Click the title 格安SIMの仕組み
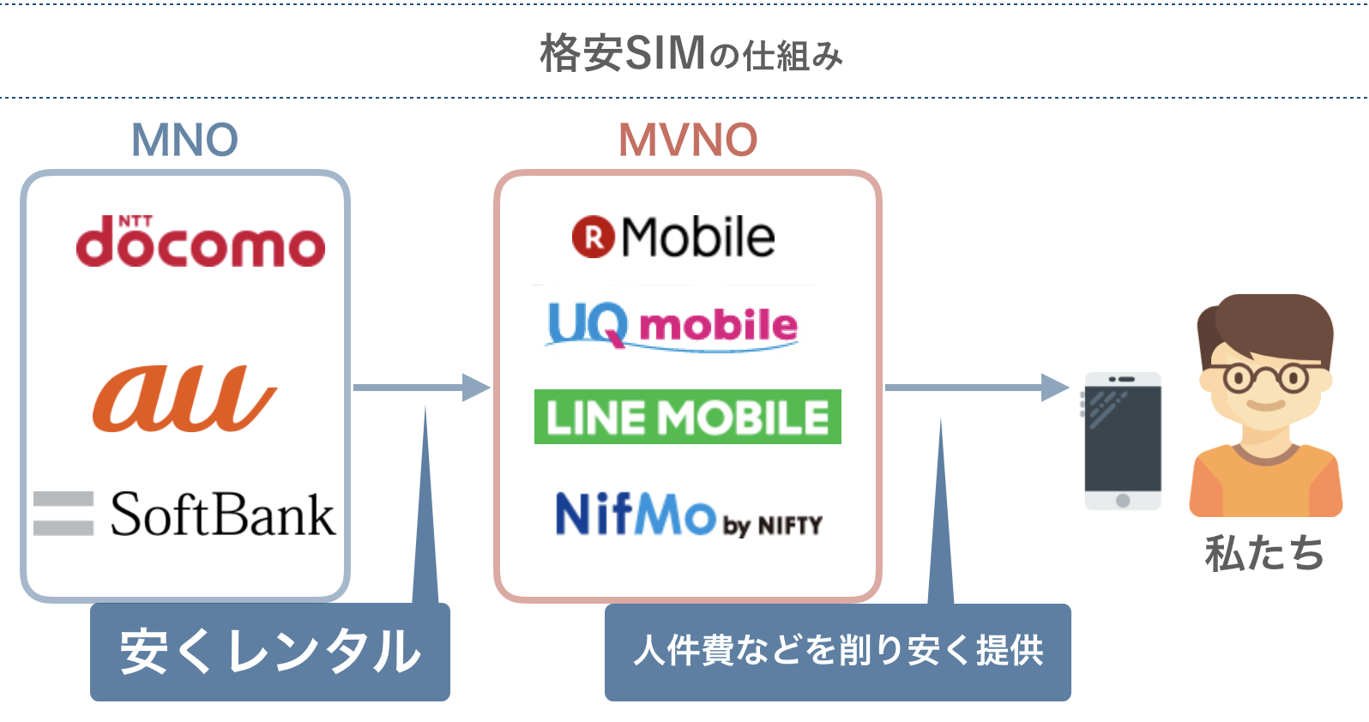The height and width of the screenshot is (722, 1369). click(691, 54)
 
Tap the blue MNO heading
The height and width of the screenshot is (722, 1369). click(184, 140)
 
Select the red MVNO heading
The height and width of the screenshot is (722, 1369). click(688, 140)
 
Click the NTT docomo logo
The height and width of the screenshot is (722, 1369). click(200, 243)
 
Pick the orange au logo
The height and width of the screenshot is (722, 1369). click(184, 399)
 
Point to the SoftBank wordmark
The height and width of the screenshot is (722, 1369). click(223, 514)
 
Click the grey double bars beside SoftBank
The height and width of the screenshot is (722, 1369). click(63, 514)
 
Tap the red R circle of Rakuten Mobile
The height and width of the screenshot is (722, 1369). click(594, 238)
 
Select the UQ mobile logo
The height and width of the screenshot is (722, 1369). click(672, 326)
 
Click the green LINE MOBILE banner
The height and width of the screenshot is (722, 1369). click(687, 417)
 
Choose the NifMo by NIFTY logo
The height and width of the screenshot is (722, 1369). click(688, 515)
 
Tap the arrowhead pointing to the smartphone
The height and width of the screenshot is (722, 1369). click(1054, 388)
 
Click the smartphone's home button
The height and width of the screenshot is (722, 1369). click(1123, 500)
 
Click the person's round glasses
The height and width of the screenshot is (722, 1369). click(1265, 377)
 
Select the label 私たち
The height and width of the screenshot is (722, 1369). click(1264, 553)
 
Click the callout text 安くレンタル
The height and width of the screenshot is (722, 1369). click(270, 652)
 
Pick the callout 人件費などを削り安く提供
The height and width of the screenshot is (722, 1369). click(837, 652)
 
